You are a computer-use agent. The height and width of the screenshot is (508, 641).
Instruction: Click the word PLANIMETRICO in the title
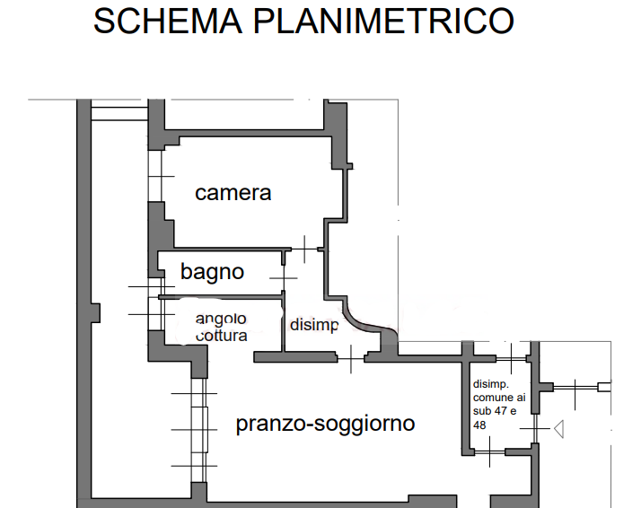coord(385,21)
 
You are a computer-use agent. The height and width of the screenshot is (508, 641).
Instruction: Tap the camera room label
coord(233,193)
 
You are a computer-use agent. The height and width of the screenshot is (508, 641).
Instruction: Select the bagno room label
coord(212,271)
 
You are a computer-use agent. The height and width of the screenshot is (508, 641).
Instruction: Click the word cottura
coord(223,336)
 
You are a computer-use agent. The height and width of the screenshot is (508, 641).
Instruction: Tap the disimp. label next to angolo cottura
coord(313,326)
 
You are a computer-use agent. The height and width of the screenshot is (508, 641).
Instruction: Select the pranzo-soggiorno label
coord(325,424)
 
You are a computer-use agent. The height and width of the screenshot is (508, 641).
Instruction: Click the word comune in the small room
coord(488,396)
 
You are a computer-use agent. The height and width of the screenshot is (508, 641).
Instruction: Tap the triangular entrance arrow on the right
coord(558,430)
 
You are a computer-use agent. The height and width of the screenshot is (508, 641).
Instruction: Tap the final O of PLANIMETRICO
coord(502,21)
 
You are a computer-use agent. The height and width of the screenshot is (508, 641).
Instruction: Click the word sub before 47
coord(483,410)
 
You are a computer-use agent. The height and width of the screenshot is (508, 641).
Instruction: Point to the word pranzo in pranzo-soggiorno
coord(267,424)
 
